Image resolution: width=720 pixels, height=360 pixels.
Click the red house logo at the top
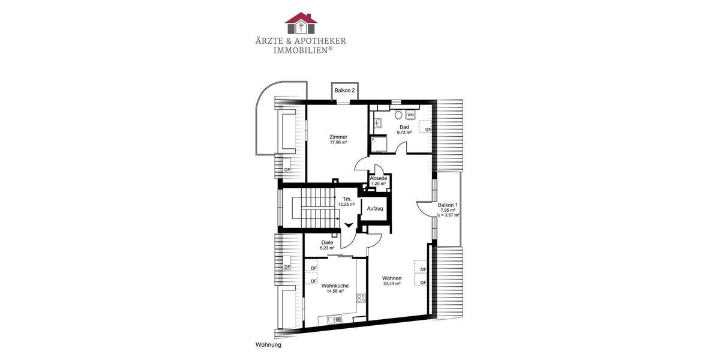(301, 23)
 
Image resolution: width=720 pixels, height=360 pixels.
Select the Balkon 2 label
(345, 90)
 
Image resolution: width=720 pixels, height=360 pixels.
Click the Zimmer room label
(338, 137)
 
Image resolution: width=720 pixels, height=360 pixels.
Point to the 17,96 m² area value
(338, 143)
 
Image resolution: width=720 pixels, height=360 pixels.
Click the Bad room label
(404, 127)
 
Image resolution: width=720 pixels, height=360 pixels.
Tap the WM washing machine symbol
(411, 114)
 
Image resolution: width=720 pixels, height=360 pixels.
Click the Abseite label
(379, 178)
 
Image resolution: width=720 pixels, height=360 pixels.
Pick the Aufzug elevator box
(376, 208)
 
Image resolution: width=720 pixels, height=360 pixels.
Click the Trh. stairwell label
(347, 199)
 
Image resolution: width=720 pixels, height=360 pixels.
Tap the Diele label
(327, 242)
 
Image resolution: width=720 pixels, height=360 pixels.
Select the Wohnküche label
(335, 286)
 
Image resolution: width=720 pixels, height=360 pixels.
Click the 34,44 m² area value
(392, 284)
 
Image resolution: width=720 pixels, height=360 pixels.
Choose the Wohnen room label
(392, 278)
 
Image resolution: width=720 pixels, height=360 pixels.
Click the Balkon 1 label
(448, 205)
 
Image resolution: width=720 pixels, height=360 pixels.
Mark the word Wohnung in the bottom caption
(268, 345)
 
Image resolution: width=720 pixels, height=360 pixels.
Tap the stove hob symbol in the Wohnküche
(361, 298)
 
